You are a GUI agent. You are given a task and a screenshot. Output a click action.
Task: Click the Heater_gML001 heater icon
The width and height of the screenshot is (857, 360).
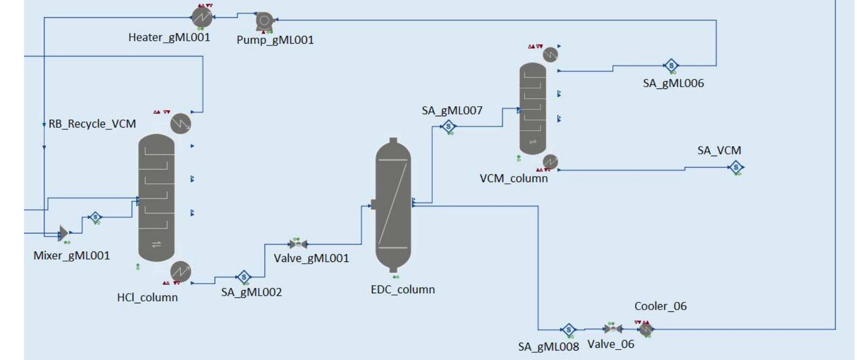[x=202, y=18]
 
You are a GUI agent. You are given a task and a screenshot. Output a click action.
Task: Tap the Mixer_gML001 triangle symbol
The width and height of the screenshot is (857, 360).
[x=64, y=233]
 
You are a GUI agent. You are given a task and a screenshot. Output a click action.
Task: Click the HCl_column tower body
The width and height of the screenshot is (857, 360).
[x=156, y=197]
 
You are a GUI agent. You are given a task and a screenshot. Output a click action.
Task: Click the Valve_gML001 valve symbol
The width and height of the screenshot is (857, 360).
[x=298, y=244]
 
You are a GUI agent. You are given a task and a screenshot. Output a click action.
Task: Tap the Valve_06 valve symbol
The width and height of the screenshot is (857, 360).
[x=612, y=329]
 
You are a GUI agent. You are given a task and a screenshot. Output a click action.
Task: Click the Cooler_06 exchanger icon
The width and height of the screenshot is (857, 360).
[x=645, y=329]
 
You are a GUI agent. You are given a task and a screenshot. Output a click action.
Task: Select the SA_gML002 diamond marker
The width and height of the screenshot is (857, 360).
[x=244, y=276]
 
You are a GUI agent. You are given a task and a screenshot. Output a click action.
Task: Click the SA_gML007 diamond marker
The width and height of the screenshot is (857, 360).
[x=448, y=126]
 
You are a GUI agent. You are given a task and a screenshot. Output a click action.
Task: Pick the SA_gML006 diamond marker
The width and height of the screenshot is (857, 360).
[x=671, y=65]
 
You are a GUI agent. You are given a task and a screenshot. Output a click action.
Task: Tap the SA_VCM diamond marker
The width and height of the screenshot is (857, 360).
[x=736, y=168]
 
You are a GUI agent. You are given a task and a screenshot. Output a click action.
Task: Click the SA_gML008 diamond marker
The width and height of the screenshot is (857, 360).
[x=568, y=330]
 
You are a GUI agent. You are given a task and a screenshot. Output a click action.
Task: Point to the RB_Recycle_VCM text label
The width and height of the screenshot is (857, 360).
[x=92, y=124]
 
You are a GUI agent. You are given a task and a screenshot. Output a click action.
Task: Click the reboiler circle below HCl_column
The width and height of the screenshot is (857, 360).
[x=181, y=271]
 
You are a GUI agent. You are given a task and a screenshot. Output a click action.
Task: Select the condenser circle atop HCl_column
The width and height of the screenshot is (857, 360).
[x=181, y=123]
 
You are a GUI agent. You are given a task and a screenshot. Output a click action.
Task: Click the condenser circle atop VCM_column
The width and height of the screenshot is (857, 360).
[x=550, y=54]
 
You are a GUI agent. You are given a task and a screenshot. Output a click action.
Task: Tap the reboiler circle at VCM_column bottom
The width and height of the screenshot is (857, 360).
[x=550, y=161]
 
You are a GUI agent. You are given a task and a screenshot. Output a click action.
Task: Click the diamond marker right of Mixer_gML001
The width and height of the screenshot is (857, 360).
[x=95, y=217]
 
